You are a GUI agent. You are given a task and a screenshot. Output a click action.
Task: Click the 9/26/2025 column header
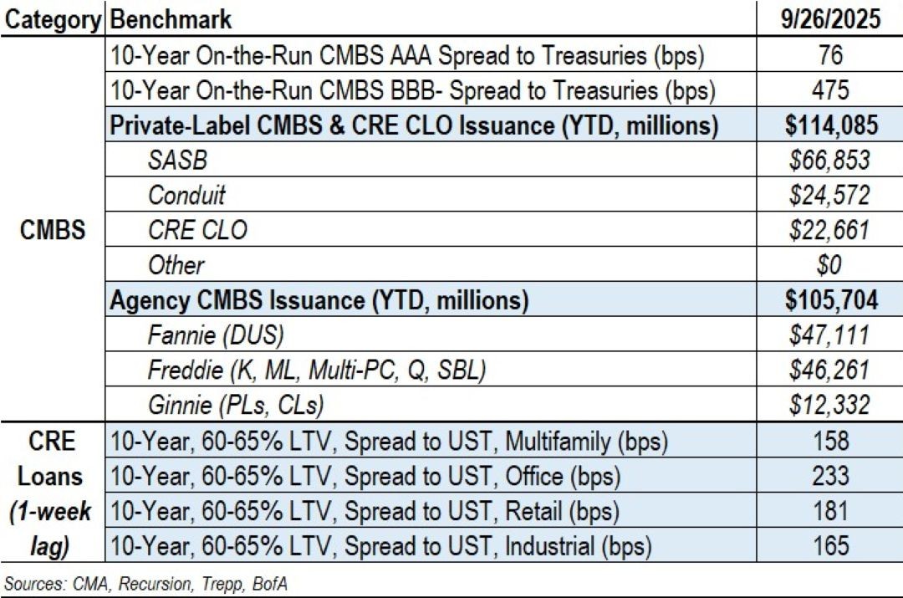click(831, 18)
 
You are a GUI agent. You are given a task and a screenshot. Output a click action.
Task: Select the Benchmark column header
click(171, 18)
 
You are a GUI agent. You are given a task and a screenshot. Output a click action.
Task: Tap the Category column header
click(54, 18)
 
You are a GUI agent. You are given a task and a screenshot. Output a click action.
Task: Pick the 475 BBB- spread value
click(831, 89)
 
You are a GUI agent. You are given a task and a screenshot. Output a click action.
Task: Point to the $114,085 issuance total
click(831, 125)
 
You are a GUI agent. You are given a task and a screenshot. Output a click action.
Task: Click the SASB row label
click(177, 160)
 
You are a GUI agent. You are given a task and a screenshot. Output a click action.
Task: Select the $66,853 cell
click(831, 160)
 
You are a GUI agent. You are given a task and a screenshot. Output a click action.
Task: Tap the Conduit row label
click(187, 195)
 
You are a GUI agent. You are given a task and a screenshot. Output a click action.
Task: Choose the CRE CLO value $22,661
click(831, 230)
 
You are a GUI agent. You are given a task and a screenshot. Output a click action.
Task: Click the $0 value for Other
click(831, 265)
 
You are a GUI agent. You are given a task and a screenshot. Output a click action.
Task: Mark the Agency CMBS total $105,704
click(831, 300)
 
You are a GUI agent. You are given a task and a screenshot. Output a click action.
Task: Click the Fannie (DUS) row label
click(216, 335)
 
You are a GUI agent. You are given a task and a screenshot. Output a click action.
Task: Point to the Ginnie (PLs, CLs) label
click(236, 406)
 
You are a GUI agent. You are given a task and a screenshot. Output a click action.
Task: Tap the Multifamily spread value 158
click(831, 441)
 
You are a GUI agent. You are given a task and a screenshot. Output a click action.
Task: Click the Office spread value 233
click(831, 476)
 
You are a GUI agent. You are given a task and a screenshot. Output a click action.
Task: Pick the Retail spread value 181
click(831, 511)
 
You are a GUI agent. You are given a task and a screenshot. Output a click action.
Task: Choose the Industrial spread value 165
click(831, 546)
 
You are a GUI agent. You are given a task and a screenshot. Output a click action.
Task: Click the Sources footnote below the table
click(146, 582)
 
